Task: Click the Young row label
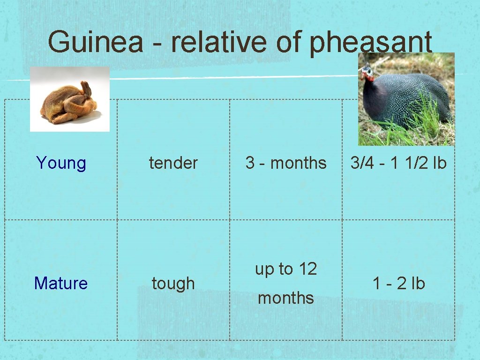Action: click(61, 163)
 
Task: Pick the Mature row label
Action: click(61, 283)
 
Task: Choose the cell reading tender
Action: click(173, 163)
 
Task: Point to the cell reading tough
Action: click(173, 284)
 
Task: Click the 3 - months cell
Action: click(286, 163)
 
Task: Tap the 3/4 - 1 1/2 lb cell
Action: click(398, 163)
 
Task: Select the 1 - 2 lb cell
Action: click(398, 283)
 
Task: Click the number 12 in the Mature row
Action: click(307, 269)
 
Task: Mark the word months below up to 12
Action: click(286, 298)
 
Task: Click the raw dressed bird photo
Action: click(69, 99)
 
